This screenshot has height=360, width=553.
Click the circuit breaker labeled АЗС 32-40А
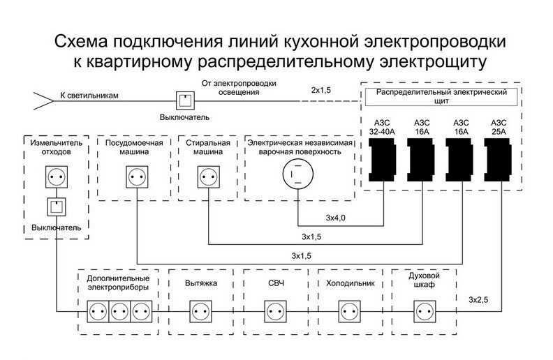tap(382, 160)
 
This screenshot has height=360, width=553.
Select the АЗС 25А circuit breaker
tap(498, 160)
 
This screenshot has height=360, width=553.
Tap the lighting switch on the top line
tap(186, 101)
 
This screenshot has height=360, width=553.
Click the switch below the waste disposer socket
tap(57, 207)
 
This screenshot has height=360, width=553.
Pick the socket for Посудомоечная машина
tap(137, 177)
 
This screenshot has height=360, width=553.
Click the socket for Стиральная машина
tap(209, 177)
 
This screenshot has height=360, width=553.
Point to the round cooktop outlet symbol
tap(298, 174)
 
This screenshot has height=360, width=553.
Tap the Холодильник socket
tap(350, 311)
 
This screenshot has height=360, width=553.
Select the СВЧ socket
tap(275, 311)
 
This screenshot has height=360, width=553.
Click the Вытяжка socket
tap(201, 311)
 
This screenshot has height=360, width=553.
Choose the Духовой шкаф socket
tap(425, 311)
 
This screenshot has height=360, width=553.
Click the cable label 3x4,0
tap(335, 218)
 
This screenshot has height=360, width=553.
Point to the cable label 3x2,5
tap(478, 300)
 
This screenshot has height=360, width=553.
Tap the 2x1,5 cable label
tap(321, 90)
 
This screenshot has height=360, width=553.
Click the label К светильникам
tap(89, 96)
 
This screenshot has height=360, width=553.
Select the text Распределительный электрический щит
tap(441, 96)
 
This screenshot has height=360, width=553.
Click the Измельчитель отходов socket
tap(57, 177)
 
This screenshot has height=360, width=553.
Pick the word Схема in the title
tap(81, 42)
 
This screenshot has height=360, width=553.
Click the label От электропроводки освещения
tap(239, 88)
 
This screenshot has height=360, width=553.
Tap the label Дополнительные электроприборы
tap(118, 283)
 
